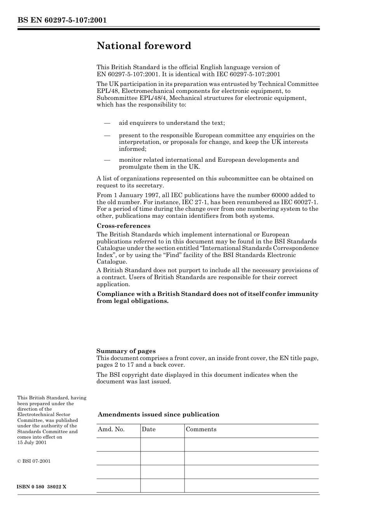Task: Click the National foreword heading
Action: [144, 46]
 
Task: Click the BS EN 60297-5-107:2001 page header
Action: [62, 20]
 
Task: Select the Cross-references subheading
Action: [123, 226]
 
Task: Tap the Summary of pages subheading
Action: [126, 351]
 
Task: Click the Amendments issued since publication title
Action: [158, 415]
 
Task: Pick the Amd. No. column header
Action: [111, 429]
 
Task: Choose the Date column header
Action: [148, 429]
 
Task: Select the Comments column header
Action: [201, 429]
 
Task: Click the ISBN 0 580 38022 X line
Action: [42, 487]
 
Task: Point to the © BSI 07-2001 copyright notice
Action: [34, 461]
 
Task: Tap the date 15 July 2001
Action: [32, 443]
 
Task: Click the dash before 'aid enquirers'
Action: [107, 123]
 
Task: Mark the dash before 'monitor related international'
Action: [107, 160]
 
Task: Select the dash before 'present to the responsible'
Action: [107, 135]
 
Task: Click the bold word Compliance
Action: [115, 294]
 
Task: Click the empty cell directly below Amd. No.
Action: [118, 444]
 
